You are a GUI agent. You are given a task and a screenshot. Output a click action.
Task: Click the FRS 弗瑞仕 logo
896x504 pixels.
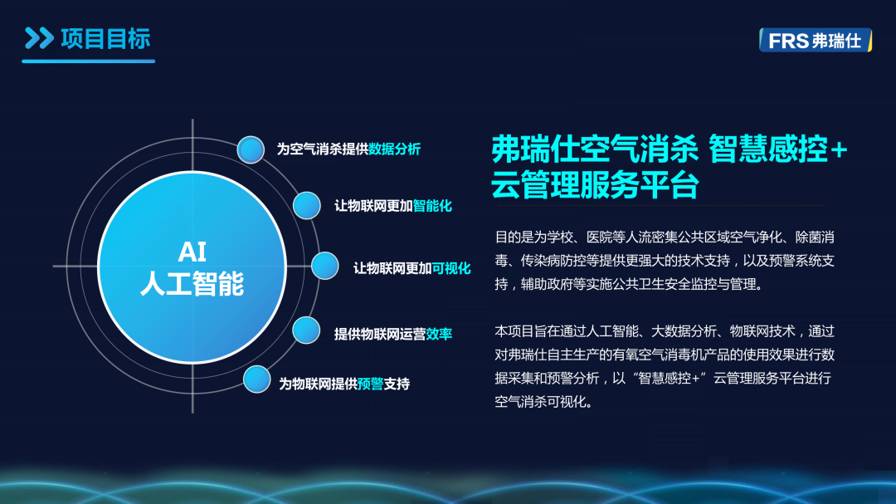[x=816, y=40]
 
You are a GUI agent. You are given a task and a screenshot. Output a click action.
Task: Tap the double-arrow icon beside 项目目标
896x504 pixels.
[x=40, y=38]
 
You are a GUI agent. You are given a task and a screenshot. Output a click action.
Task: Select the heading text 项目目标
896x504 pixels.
[x=105, y=39]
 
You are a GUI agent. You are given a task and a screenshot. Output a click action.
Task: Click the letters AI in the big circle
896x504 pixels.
[x=192, y=252]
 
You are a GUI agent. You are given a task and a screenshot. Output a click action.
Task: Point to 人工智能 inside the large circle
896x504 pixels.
[x=192, y=284]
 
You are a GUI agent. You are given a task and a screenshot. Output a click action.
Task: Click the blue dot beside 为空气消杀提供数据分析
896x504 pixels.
[x=251, y=150]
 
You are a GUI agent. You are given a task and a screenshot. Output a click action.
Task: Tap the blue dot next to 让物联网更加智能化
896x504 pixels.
[x=307, y=205]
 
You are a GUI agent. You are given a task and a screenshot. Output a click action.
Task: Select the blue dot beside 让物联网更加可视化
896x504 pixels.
[x=325, y=266]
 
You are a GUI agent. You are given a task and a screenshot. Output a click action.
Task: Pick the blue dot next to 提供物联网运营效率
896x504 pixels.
[x=306, y=330]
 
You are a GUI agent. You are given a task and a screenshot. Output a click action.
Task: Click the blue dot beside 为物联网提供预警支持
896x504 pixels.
[x=256, y=379]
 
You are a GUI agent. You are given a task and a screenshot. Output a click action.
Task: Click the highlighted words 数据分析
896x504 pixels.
[x=394, y=149]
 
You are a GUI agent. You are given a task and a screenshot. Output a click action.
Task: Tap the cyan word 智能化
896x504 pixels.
[x=432, y=206]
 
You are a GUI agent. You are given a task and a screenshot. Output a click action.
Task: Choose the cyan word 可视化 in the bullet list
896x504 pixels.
[x=450, y=268]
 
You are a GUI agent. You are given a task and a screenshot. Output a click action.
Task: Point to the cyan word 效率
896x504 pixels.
[x=439, y=334]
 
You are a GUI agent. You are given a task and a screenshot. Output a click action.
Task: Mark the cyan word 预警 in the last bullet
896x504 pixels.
[x=370, y=384]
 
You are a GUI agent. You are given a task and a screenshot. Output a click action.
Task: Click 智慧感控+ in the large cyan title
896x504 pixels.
[x=777, y=149]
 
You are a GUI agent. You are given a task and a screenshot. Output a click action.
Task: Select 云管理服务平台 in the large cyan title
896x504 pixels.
[x=595, y=184]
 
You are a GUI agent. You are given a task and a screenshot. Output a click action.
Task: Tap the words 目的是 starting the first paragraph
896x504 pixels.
[x=514, y=237]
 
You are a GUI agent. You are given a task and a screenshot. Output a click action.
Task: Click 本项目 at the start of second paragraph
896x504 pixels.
[x=514, y=331]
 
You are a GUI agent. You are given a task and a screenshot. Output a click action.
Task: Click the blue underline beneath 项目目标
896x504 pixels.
[x=89, y=61]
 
